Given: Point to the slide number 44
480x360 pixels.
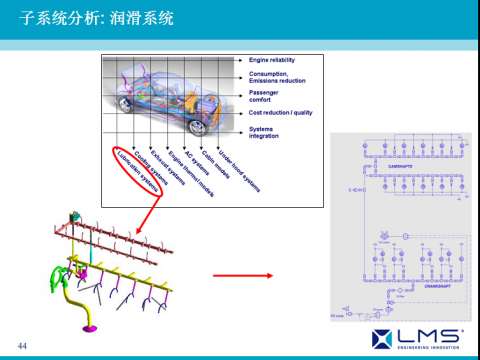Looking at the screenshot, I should [x=22, y=345].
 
